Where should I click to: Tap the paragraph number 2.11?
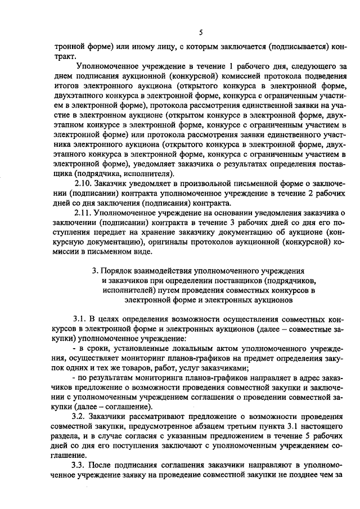(x=83, y=213)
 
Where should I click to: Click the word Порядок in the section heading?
(x=121, y=271)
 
